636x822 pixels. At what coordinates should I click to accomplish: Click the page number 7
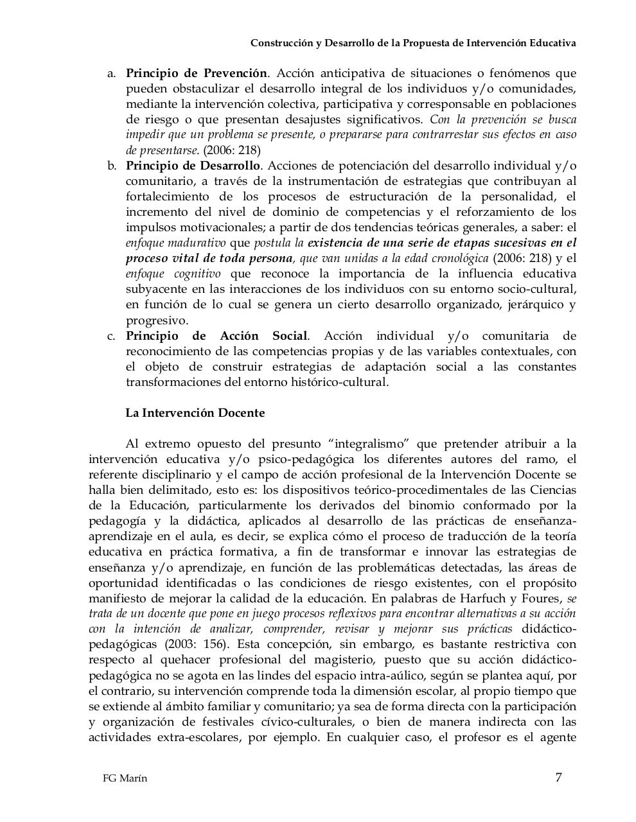tap(558, 778)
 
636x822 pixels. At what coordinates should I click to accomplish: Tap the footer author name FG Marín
tap(125, 779)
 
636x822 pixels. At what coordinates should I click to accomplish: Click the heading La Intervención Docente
tap(195, 413)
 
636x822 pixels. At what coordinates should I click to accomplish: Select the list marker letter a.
tap(111, 74)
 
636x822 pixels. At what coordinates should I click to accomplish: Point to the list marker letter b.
tap(111, 166)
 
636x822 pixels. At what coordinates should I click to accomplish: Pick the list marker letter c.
tap(111, 336)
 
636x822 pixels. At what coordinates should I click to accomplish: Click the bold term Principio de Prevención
tap(196, 73)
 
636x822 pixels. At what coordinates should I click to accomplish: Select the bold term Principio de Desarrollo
tap(193, 166)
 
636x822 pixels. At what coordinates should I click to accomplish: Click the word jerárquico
tap(529, 305)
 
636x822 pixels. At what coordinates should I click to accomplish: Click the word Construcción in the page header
tap(280, 43)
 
